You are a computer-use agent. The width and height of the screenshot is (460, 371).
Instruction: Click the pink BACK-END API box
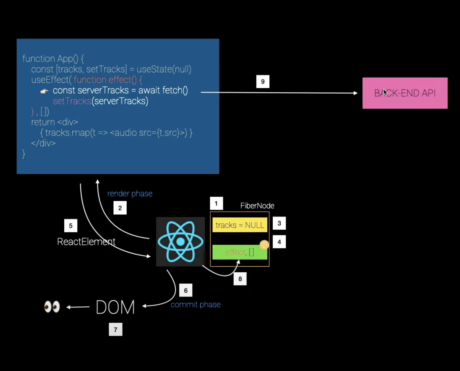pos(405,93)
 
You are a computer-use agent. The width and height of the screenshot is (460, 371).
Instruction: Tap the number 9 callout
pos(263,81)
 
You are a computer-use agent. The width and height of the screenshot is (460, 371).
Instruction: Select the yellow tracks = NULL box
pos(240,225)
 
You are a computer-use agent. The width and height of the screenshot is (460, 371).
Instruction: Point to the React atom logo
pos(180,242)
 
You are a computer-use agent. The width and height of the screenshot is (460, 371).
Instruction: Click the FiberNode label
pos(257,206)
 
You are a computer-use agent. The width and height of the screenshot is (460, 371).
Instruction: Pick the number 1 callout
pos(216,203)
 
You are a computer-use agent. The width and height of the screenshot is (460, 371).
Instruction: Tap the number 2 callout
pos(120,208)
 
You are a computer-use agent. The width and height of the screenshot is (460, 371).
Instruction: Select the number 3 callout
pos(279,223)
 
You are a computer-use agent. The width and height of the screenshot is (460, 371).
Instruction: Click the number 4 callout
pos(279,242)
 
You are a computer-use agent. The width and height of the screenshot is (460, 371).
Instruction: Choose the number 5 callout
pos(71,226)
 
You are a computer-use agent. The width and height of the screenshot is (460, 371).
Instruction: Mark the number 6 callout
pos(186,290)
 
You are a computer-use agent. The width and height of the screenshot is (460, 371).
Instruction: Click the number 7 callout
pos(116,329)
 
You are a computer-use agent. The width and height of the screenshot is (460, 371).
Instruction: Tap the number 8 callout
pos(240,279)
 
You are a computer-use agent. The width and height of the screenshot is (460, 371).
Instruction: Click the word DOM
pos(115,307)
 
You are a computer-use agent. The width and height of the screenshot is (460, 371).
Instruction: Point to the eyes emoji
pos(52,307)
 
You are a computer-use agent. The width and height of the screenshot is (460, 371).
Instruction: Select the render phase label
pos(130,193)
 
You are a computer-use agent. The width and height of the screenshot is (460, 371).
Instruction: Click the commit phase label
pos(196,304)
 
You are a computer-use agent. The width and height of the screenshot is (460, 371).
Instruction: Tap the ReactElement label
pos(86,242)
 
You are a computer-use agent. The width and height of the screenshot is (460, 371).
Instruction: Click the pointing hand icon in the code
pos(44,91)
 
